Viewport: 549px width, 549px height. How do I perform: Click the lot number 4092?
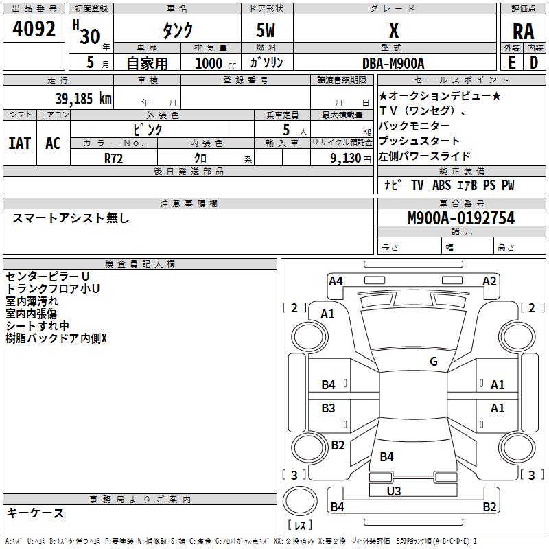click(x=34, y=30)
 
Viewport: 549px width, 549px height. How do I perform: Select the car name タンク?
click(x=177, y=31)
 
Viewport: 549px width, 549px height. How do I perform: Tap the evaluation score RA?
click(x=523, y=31)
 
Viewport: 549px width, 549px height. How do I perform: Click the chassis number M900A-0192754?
click(x=460, y=218)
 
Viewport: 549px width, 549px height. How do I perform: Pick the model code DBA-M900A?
click(x=393, y=63)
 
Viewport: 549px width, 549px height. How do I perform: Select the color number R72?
click(x=114, y=158)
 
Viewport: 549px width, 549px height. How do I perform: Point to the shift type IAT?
click(x=19, y=143)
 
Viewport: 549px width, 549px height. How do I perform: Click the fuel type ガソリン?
click(x=266, y=62)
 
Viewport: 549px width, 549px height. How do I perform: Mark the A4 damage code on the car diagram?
click(x=336, y=281)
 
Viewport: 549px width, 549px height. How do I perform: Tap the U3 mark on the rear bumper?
click(x=394, y=491)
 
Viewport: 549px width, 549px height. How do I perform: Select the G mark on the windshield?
click(x=434, y=362)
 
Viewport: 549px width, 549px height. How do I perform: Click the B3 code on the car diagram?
click(x=329, y=408)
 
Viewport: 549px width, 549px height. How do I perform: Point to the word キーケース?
click(x=35, y=513)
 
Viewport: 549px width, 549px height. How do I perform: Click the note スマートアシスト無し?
click(x=71, y=218)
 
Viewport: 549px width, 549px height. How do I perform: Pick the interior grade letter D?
click(x=534, y=62)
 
